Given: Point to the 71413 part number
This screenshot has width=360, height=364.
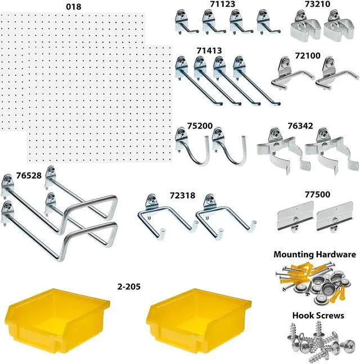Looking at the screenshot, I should click(x=209, y=51).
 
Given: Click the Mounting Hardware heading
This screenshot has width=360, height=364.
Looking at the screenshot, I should click(x=314, y=254).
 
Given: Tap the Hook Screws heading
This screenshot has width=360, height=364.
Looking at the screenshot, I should click(x=317, y=316).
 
